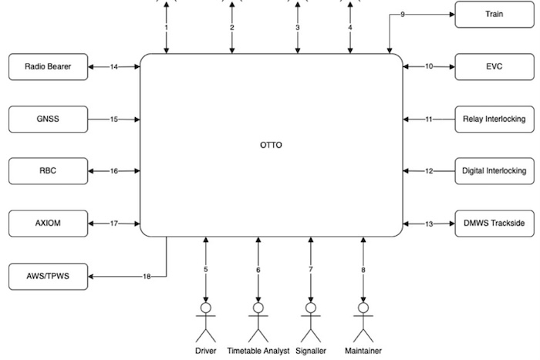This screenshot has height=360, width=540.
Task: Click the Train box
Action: (494, 15)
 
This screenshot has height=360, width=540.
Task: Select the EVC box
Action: (494, 66)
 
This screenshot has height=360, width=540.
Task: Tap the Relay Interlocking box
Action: (494, 119)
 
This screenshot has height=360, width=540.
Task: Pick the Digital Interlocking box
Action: (494, 170)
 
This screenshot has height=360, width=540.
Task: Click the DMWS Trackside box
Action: (494, 223)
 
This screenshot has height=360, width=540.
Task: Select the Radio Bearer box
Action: (48, 67)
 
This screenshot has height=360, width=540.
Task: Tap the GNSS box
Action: (48, 119)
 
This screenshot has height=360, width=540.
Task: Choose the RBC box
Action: (48, 170)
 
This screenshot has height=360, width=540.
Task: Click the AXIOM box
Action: (48, 223)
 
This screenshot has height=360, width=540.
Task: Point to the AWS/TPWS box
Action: (48, 275)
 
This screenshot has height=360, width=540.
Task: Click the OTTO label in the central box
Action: (272, 145)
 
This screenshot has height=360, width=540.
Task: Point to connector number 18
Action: (147, 275)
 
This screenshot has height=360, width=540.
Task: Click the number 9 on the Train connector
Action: (402, 15)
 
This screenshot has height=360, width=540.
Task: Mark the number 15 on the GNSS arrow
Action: (113, 119)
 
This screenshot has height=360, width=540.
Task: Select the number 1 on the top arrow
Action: (166, 28)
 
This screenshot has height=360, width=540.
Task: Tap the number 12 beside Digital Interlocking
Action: (429, 170)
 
